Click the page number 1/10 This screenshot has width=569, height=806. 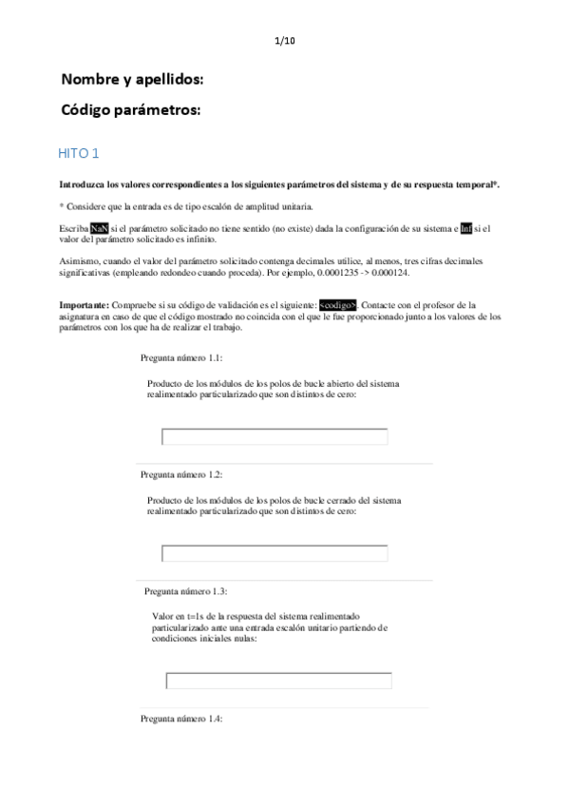click(x=284, y=40)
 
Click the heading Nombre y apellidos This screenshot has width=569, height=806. click(x=132, y=79)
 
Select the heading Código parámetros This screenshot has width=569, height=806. click(x=131, y=110)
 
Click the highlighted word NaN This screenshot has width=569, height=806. click(x=100, y=229)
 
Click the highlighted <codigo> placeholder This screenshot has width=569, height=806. click(x=338, y=305)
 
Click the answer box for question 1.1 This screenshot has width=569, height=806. click(x=275, y=436)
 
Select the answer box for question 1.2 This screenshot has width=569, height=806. click(x=275, y=553)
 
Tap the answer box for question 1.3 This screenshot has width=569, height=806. click(x=278, y=681)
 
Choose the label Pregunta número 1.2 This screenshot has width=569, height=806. click(x=181, y=474)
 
